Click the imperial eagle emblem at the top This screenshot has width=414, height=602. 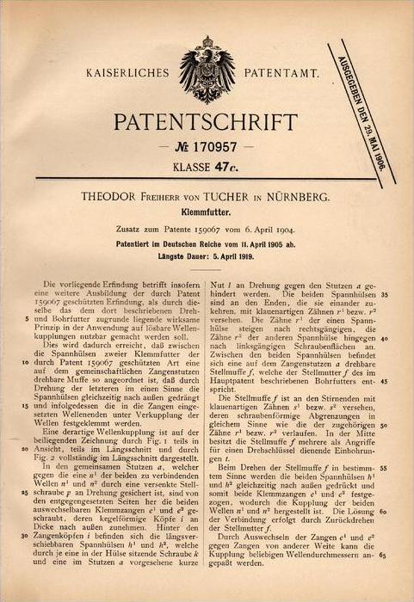207,68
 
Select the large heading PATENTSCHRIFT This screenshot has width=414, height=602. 207,119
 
